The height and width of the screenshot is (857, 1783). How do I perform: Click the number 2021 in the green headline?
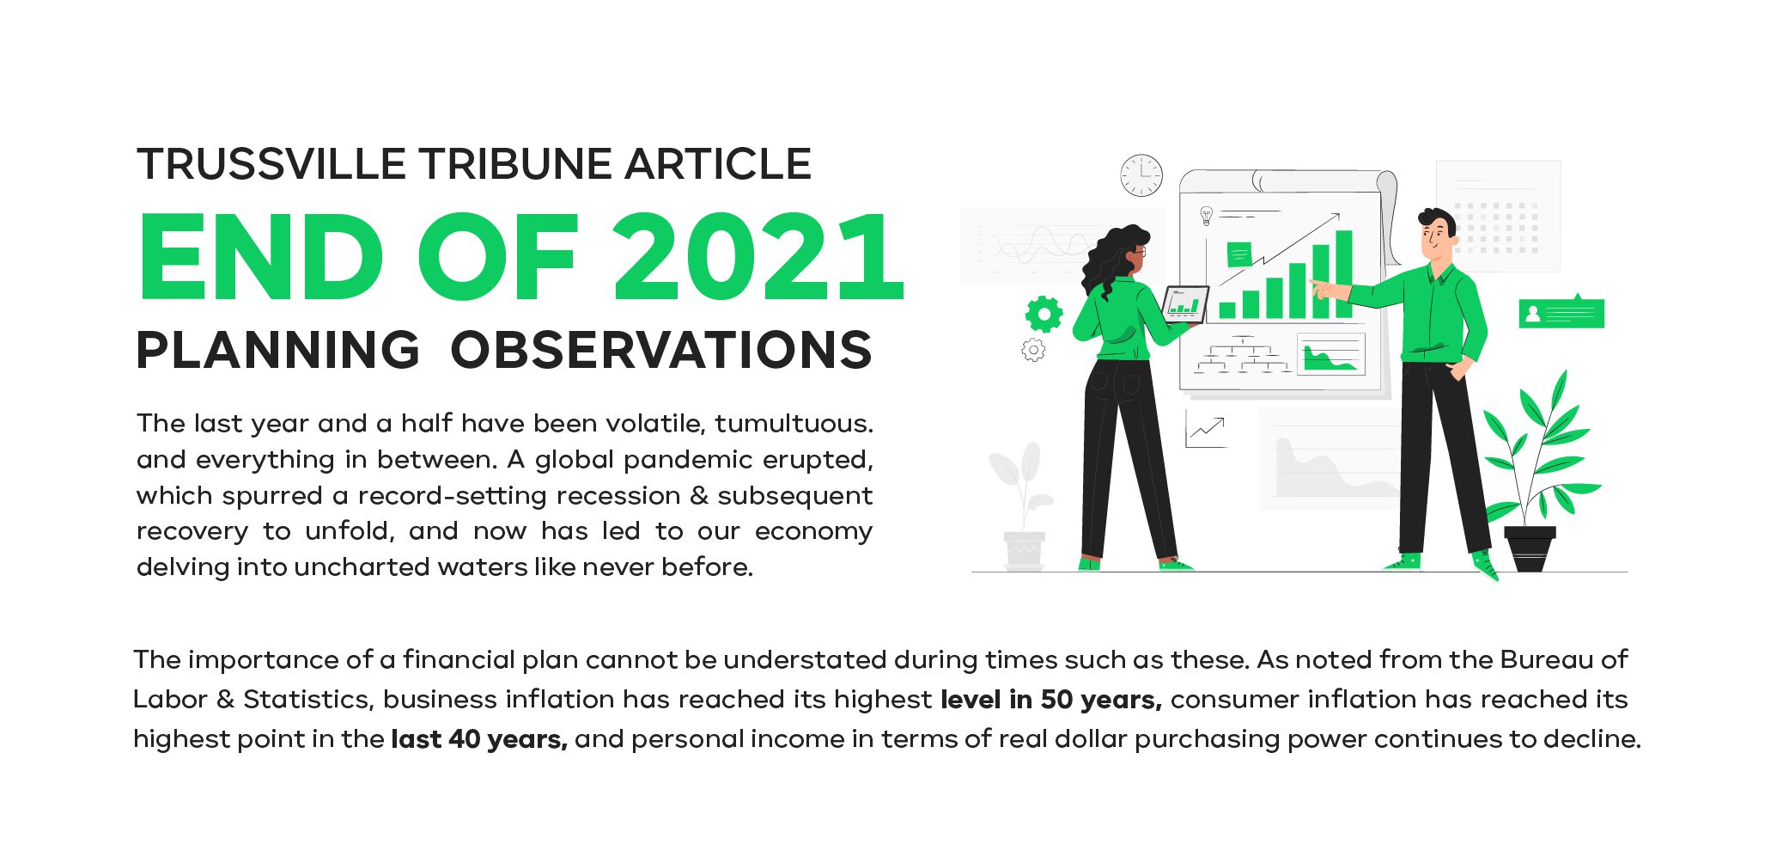(758, 257)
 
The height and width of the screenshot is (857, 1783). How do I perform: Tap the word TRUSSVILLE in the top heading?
(271, 164)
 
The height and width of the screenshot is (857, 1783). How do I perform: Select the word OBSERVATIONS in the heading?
(661, 350)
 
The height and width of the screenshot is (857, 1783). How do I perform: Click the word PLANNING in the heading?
(278, 350)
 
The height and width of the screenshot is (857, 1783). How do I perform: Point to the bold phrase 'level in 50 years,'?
(1051, 700)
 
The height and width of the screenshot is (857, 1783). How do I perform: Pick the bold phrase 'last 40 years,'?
(479, 739)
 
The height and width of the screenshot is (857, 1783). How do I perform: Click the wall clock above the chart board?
(1141, 175)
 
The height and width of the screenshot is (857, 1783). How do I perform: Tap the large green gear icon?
(1044, 315)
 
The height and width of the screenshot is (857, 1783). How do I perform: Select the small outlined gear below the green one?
(1033, 350)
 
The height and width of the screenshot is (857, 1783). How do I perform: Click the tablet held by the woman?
(1185, 303)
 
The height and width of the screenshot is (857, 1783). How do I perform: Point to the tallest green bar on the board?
(1344, 274)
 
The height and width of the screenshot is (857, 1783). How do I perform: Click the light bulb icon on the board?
(1206, 215)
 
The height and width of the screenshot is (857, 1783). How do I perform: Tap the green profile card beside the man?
(1561, 313)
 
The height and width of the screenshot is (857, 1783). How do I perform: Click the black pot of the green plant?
(1530, 549)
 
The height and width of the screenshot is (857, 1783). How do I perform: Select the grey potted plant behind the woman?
(1023, 506)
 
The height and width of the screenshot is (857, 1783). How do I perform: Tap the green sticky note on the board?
(1238, 254)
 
